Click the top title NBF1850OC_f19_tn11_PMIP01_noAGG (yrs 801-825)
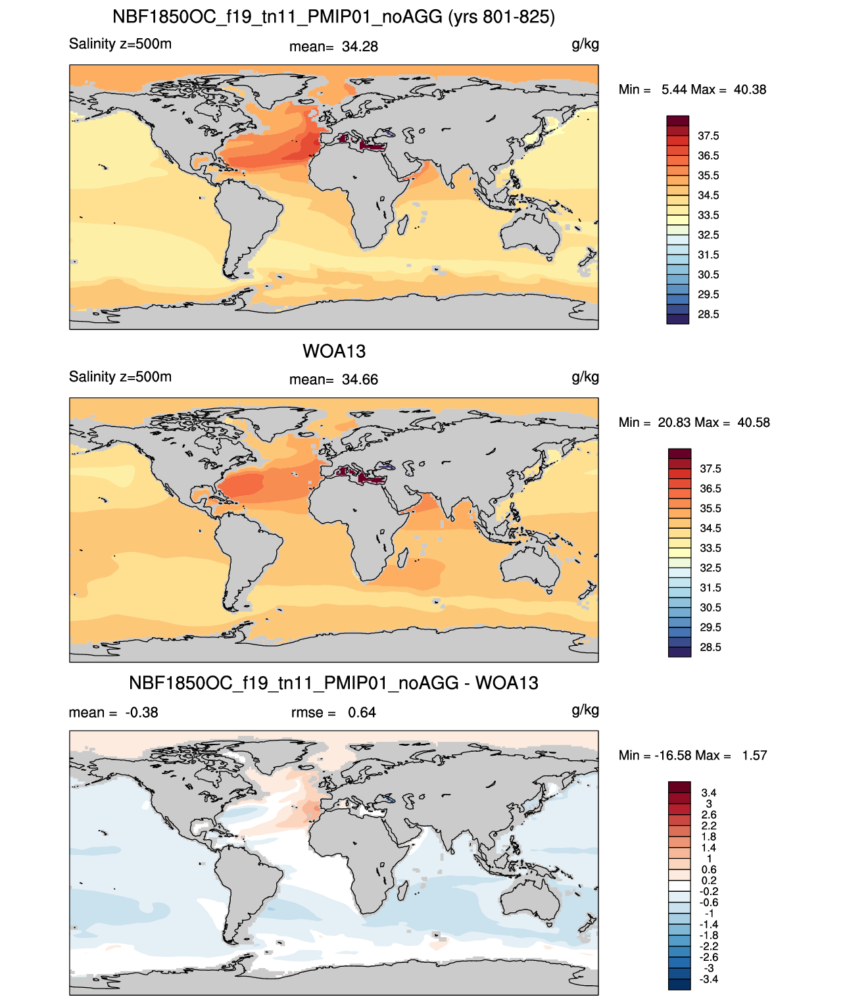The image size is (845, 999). pos(333,17)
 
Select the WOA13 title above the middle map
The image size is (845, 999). pos(334,351)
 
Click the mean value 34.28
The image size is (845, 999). pos(360,47)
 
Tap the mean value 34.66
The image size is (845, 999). pos(360,379)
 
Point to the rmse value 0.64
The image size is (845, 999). pos(362,712)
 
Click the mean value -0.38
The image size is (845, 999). pos(141,712)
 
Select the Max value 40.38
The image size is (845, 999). pos(750,89)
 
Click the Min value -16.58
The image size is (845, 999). pos(673,756)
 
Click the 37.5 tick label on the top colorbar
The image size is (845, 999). pos(708,136)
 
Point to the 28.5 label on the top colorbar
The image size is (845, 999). pos(708,314)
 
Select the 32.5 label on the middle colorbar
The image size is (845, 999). pos(710,568)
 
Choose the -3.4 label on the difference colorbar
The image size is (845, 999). pos(709,979)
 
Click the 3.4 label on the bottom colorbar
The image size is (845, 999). pos(709,792)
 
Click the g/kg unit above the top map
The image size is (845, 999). pos(585,45)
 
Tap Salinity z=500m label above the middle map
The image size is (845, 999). pos(120,376)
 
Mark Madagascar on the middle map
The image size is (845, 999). pos(402,558)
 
